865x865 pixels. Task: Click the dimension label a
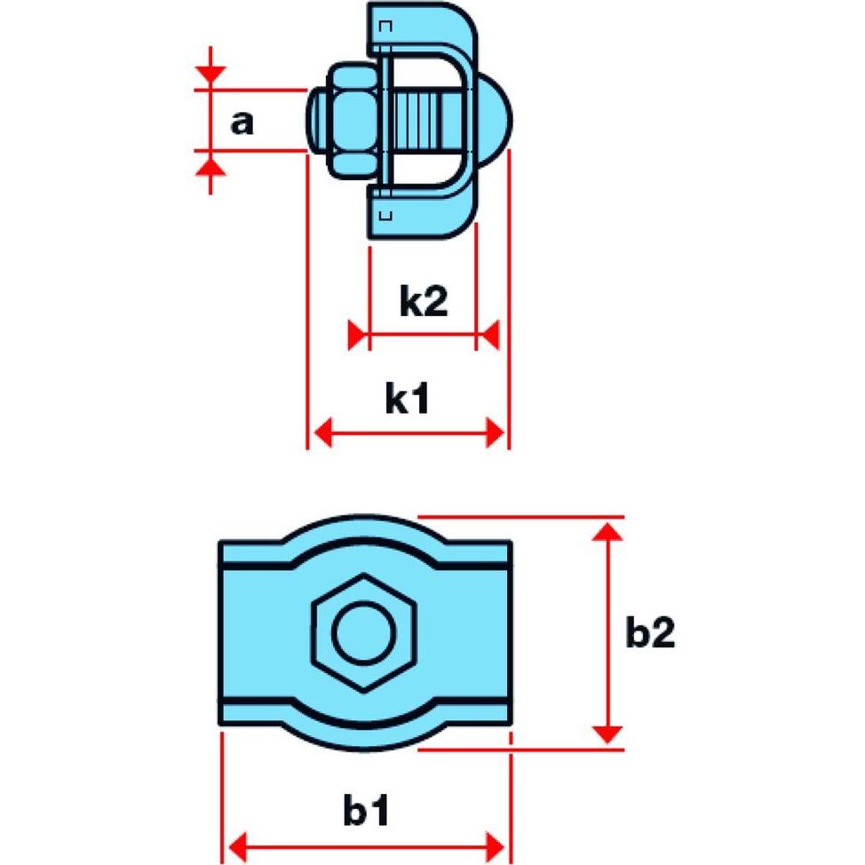(241, 122)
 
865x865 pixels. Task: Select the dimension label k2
(423, 302)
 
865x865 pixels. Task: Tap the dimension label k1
(408, 400)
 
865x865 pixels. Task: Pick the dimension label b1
(366, 811)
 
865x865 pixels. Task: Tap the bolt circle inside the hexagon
(364, 632)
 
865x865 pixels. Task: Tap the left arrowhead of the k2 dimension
(358, 337)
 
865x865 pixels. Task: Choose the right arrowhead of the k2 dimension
(488, 337)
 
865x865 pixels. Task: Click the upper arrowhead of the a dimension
(210, 78)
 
